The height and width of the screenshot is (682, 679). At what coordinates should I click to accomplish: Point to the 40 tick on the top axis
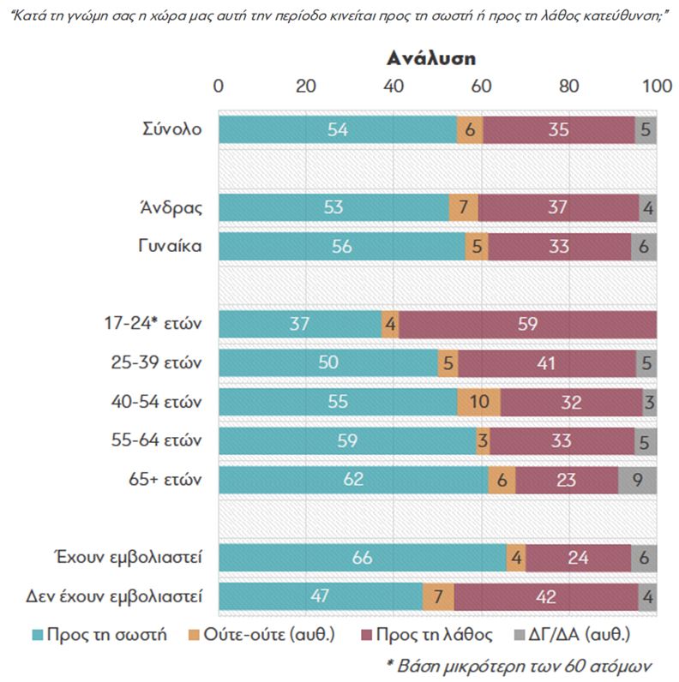[394, 87]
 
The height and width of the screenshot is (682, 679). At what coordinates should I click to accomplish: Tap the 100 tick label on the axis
[657, 87]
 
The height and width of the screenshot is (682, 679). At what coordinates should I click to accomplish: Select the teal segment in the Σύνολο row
[338, 129]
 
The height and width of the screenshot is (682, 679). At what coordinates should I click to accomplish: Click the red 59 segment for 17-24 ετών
[527, 325]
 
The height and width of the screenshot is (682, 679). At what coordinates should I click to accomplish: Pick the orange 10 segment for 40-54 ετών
[478, 402]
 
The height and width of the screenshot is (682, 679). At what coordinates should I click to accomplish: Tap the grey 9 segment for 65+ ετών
[638, 480]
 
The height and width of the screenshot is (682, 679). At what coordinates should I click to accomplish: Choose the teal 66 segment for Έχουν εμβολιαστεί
[362, 557]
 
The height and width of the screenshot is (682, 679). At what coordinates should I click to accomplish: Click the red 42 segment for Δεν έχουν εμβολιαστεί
[545, 596]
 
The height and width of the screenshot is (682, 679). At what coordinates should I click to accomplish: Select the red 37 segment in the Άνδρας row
[558, 207]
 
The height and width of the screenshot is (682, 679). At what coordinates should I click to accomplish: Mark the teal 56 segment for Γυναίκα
[341, 247]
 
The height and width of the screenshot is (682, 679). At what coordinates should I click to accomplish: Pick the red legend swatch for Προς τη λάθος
[370, 635]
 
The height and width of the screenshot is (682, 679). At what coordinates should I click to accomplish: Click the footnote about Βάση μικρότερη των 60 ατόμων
[520, 666]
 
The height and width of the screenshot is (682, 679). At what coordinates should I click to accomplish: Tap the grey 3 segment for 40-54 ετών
[649, 402]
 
